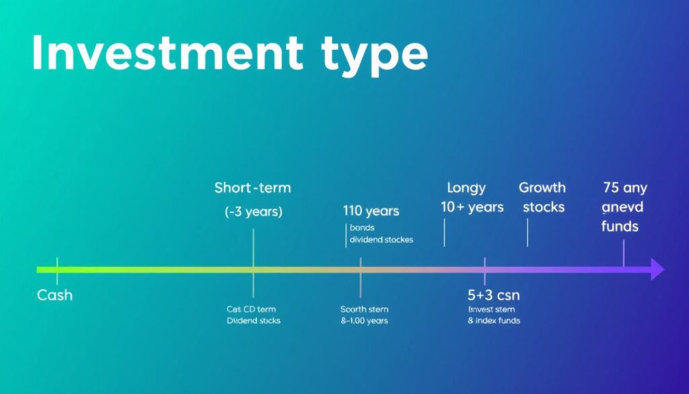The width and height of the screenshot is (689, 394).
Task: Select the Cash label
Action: [55, 296]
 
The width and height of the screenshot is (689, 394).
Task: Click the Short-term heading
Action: [252, 188]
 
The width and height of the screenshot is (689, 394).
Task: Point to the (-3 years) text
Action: [253, 211]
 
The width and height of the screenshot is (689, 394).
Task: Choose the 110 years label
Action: [371, 211]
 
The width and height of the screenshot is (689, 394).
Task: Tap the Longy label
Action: [466, 188]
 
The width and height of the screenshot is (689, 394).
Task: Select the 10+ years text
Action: [472, 207]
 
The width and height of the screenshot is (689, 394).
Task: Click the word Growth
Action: [542, 188]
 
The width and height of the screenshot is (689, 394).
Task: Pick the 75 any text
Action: [624, 188]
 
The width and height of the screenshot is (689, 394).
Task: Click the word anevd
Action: [622, 207]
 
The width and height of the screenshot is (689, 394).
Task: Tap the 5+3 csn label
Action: [493, 296]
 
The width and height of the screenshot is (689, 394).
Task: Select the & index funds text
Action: [494, 321]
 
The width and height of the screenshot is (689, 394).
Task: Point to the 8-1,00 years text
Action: [364, 321]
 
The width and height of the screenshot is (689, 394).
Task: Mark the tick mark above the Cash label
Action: [57, 270]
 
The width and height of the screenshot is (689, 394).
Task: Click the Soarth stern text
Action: [364, 309]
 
